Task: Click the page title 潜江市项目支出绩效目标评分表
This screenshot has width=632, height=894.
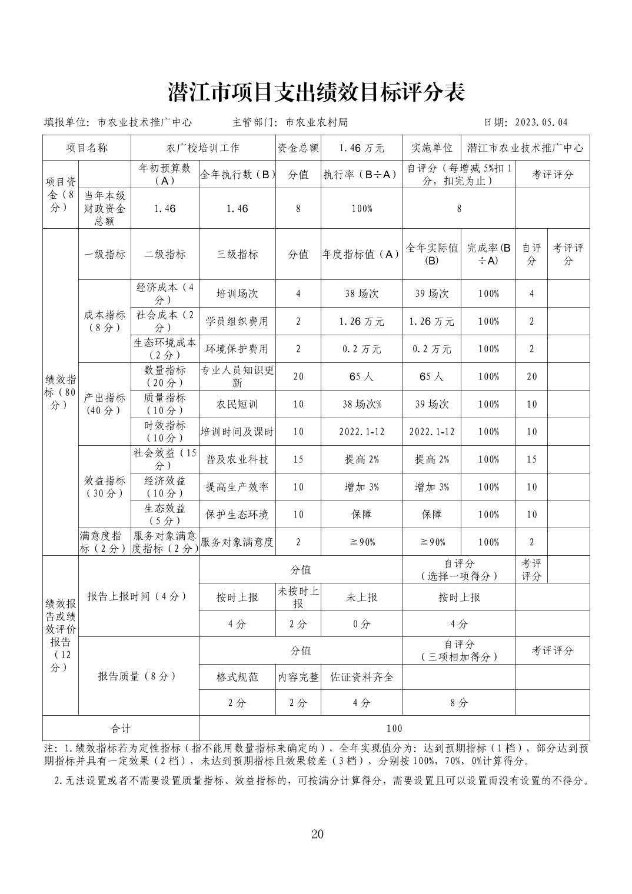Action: coord(316,92)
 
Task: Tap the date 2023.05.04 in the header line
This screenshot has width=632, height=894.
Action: coord(541,122)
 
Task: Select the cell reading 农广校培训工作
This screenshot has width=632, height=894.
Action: coord(203,148)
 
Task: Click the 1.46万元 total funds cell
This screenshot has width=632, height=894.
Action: coord(361,148)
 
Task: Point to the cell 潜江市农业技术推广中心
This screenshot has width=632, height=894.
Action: coord(525,148)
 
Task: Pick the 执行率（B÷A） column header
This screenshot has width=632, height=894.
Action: coord(361,174)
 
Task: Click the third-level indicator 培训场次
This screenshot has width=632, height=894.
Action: coord(237,293)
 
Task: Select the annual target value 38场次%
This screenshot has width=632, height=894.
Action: coord(361,404)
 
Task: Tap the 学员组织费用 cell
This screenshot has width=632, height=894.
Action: coord(237,321)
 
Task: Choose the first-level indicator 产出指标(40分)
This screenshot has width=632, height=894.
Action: coord(105,404)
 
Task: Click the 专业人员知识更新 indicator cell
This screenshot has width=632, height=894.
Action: coord(237,376)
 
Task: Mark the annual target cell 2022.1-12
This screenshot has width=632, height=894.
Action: coord(361,432)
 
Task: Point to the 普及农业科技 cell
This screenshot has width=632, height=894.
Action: coord(237,459)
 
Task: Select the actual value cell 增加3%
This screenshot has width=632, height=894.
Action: coord(431,487)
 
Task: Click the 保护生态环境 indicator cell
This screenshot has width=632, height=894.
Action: coord(237,515)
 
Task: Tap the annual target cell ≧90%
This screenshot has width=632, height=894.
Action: coord(361,542)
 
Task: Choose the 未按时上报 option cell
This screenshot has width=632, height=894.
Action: coord(298,597)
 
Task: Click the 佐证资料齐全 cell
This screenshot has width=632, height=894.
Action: coord(361,677)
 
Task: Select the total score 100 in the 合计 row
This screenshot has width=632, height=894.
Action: coord(394,728)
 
